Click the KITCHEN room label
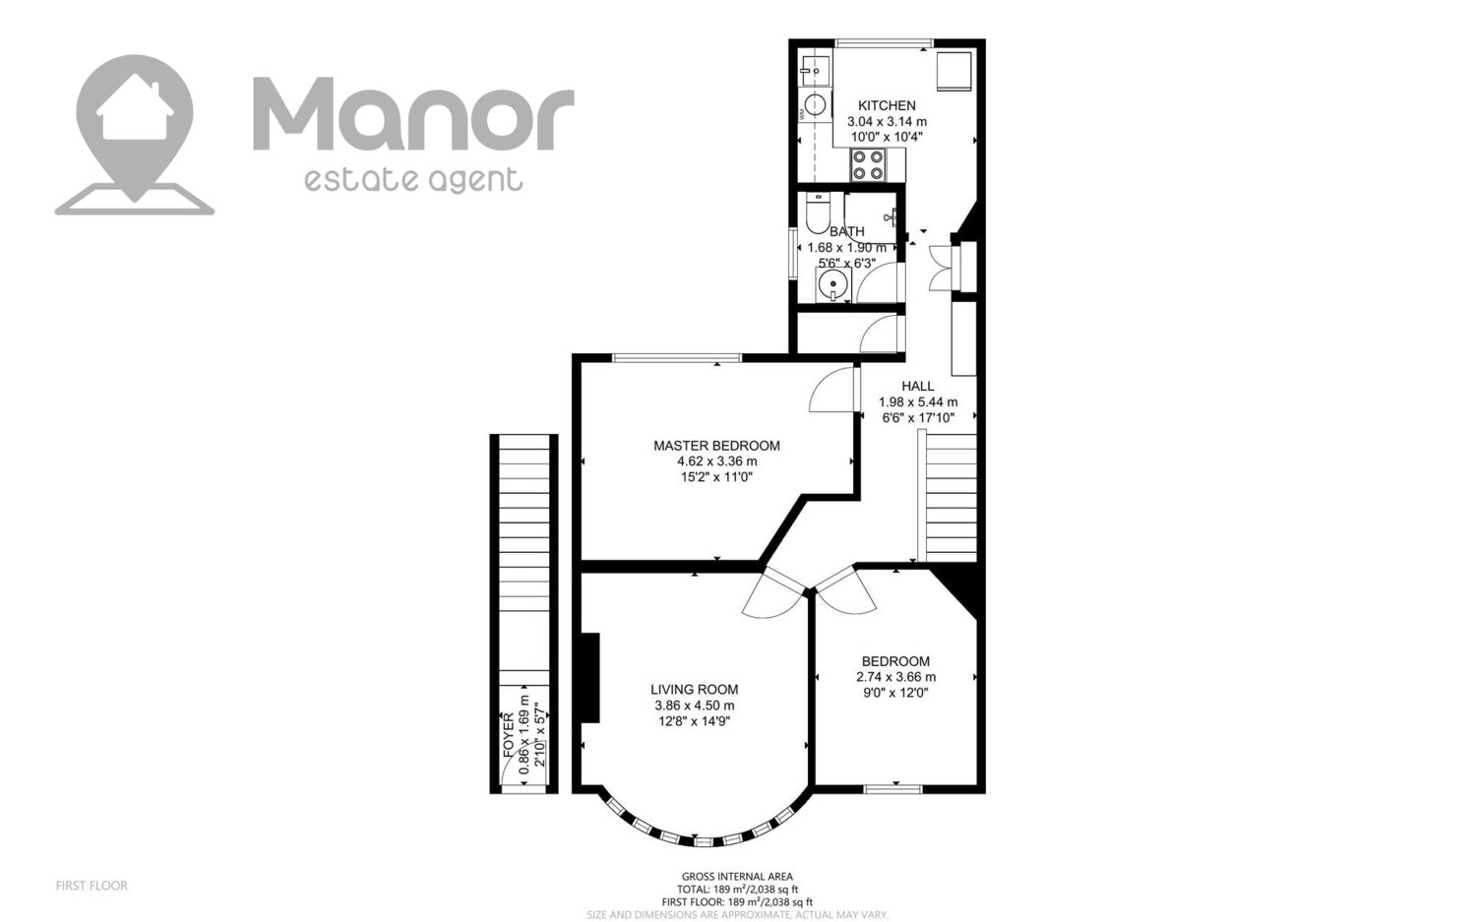(x=887, y=105)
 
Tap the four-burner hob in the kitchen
(x=867, y=164)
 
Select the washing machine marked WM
(x=815, y=104)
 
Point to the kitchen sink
(x=815, y=69)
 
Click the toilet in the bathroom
(x=818, y=214)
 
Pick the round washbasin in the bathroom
(x=833, y=285)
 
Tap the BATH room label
(x=846, y=232)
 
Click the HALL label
(x=918, y=386)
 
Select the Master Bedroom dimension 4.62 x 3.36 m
(x=717, y=461)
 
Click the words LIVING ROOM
(x=695, y=690)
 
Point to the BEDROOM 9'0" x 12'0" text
(x=896, y=693)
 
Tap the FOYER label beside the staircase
(x=509, y=735)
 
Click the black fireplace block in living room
(x=590, y=678)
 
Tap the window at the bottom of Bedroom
(x=892, y=788)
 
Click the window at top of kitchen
(x=884, y=43)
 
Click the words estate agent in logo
(x=413, y=179)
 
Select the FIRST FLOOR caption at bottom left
(x=92, y=886)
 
